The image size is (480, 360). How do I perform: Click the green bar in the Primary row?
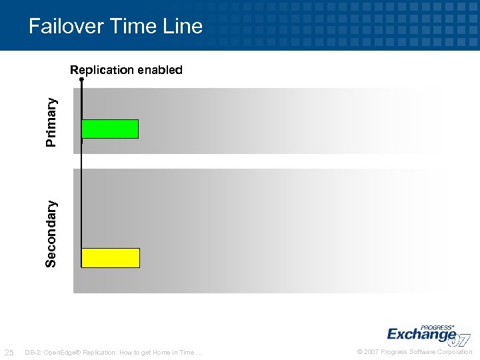(x=110, y=129)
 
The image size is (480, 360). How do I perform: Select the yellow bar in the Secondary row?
(x=111, y=257)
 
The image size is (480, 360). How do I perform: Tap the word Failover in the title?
(x=65, y=26)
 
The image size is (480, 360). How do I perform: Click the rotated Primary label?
(x=51, y=121)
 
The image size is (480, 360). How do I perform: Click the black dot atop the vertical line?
(x=81, y=79)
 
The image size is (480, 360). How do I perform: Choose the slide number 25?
(x=9, y=352)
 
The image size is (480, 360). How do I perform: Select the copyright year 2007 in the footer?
(x=372, y=352)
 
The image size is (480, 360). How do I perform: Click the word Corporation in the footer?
(x=455, y=352)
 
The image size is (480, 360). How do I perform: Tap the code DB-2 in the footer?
(x=31, y=352)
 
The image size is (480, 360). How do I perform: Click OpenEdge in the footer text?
(x=59, y=352)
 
